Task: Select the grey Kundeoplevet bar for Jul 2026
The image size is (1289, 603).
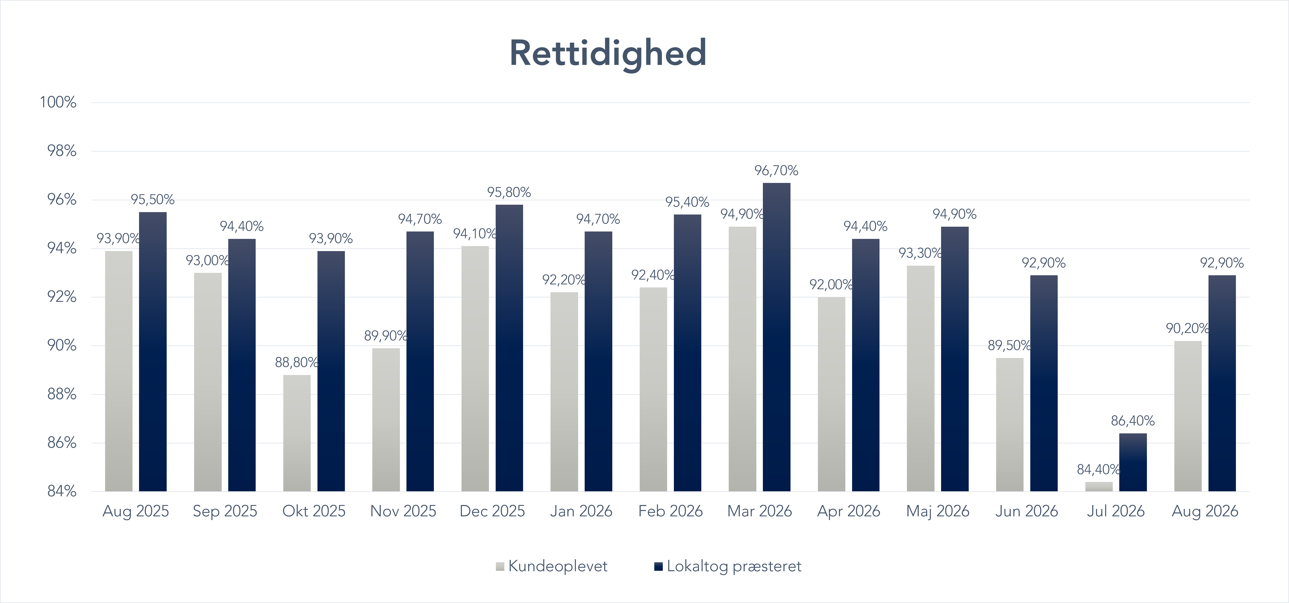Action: tap(1099, 486)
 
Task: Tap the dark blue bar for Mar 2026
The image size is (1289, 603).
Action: tap(777, 337)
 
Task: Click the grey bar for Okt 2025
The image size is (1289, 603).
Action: tap(297, 433)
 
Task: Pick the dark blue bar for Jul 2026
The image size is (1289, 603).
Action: tap(1133, 462)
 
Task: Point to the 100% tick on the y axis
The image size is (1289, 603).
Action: tap(58, 102)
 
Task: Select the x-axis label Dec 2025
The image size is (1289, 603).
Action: tap(492, 511)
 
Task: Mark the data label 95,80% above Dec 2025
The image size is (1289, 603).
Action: tap(509, 192)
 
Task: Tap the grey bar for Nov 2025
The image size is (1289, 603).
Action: tap(386, 420)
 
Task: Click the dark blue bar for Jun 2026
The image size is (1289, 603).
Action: tap(1044, 383)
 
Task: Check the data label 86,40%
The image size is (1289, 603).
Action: tap(1133, 421)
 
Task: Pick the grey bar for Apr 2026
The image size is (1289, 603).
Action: tap(832, 394)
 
